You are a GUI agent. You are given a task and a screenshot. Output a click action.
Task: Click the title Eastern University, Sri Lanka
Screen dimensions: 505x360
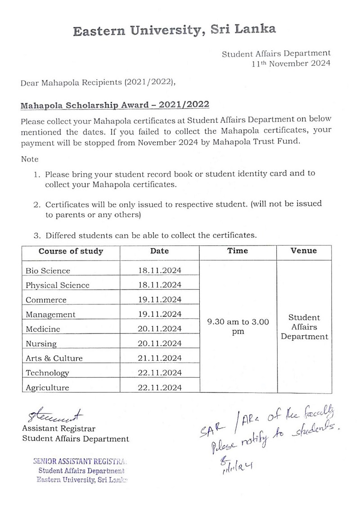[175, 31]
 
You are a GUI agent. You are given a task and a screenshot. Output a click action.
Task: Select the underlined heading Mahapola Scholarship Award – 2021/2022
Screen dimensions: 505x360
[115, 105]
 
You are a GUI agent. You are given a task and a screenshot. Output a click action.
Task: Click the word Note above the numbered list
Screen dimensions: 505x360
[30, 159]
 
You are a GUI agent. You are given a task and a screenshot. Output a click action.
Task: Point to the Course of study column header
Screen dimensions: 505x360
[71, 252]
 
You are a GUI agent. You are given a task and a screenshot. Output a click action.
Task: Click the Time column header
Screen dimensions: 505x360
[238, 251]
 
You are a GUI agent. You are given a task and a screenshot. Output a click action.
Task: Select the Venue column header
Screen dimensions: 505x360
[304, 251]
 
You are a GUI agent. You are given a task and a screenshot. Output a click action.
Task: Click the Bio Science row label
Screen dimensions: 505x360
[48, 271]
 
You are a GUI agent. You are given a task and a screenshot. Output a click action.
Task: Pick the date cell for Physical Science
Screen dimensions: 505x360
[159, 285]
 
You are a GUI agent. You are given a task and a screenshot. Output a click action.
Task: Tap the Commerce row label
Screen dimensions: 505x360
[46, 300]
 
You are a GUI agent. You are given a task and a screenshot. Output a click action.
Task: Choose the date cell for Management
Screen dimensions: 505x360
[159, 314]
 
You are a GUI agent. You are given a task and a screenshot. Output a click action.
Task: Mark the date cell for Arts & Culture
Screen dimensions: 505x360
[159, 358]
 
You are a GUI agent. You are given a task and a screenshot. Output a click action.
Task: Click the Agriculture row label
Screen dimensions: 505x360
[47, 388]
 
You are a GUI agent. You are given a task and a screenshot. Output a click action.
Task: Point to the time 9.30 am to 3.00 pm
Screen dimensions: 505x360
[238, 327]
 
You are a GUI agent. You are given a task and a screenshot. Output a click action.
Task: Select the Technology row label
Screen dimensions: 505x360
[47, 373]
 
